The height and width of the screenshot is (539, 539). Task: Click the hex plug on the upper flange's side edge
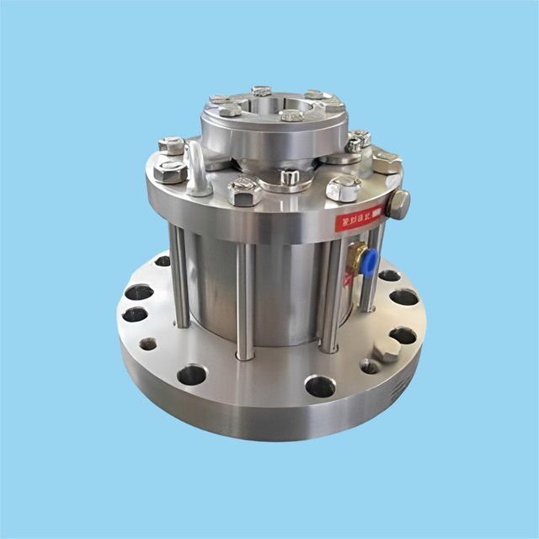pyautogui.click(x=398, y=204)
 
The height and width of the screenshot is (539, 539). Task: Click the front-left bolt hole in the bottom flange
pyautogui.click(x=191, y=374)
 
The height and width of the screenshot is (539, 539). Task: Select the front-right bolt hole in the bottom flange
pyautogui.click(x=320, y=386)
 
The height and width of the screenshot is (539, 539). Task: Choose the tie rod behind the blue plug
pyautogui.click(x=371, y=282)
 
